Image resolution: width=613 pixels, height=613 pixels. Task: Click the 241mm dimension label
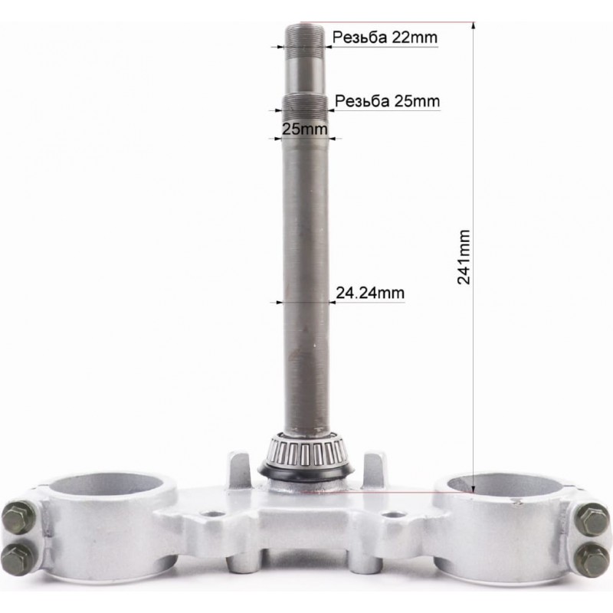click(464, 257)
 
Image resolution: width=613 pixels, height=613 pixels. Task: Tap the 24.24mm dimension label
click(370, 293)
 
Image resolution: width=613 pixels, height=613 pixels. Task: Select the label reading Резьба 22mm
click(385, 38)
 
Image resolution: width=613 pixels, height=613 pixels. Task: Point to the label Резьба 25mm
click(388, 101)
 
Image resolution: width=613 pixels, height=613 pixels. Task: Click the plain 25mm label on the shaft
click(304, 129)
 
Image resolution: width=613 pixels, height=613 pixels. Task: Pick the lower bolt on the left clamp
click(18, 559)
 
